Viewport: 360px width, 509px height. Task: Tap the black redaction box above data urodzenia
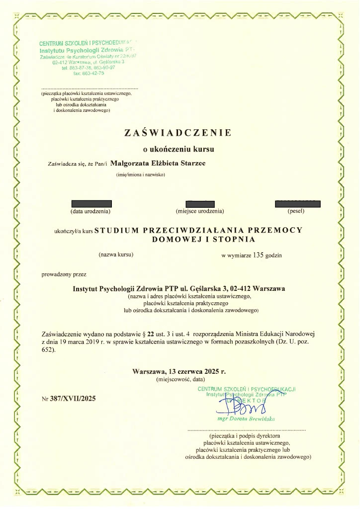click(91, 203)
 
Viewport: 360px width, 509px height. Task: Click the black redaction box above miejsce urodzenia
click(199, 203)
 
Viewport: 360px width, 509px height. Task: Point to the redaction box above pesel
click(297, 203)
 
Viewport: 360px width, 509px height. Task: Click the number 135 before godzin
click(257, 255)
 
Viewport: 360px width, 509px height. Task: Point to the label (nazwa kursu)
click(116, 255)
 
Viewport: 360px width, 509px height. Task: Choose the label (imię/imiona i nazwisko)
click(140, 174)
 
